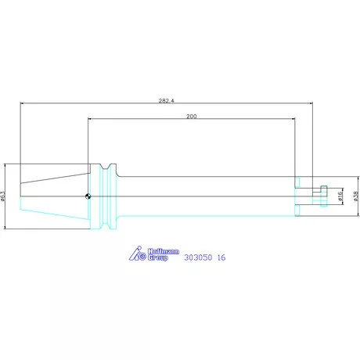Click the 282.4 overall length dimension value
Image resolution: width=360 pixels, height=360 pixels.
click(166, 101)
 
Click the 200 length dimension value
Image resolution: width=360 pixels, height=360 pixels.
click(192, 117)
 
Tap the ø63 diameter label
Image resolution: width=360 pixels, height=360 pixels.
click(3, 196)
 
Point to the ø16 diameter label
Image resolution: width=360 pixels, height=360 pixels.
click(340, 196)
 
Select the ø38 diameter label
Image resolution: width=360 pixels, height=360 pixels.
click(357, 196)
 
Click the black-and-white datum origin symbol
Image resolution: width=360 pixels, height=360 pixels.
click(88, 196)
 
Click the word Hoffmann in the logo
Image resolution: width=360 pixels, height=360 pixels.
click(164, 251)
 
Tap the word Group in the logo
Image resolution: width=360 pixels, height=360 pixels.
click(158, 257)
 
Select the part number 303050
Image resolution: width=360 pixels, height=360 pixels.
click(198, 257)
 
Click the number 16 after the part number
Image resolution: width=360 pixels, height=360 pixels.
click(221, 257)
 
